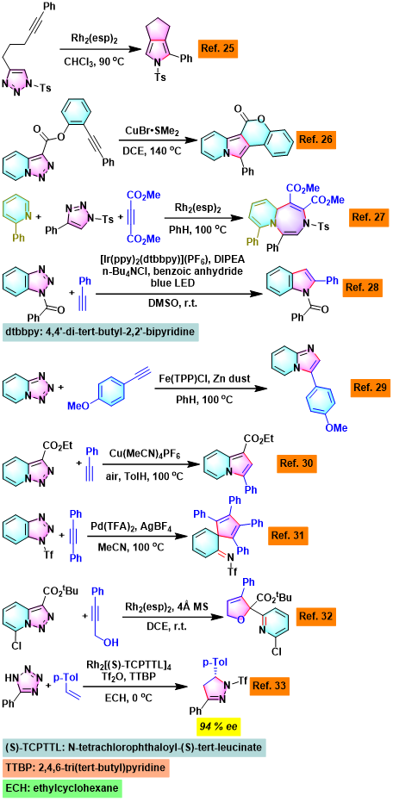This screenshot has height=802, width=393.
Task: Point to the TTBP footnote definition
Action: click(x=81, y=770)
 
